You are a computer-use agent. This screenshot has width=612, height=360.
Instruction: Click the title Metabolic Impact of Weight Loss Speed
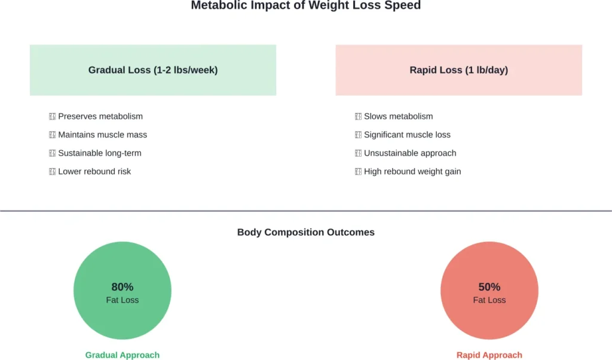pyautogui.click(x=305, y=6)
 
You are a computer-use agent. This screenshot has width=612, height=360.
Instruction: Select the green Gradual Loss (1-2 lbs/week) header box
pyautogui.click(x=153, y=70)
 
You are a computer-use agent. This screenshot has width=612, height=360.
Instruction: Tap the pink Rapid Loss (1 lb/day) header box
pyautogui.click(x=458, y=70)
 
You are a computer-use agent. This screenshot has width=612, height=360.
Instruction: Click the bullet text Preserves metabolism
pyautogui.click(x=100, y=116)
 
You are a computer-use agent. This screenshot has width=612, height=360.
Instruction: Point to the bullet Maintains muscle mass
pyautogui.click(x=102, y=135)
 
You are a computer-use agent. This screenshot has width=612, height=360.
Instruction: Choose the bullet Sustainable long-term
pyautogui.click(x=99, y=153)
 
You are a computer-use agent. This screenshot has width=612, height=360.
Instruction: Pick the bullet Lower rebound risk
pyautogui.click(x=94, y=172)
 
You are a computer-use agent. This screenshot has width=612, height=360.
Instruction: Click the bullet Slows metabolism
pyautogui.click(x=398, y=116)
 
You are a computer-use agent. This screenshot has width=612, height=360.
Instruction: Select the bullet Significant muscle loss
pyautogui.click(x=407, y=135)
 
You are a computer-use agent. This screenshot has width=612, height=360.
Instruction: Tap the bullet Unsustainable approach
pyautogui.click(x=409, y=153)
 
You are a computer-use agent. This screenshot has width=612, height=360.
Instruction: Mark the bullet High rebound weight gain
pyautogui.click(x=412, y=172)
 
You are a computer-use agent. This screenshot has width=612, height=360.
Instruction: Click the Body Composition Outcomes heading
pyautogui.click(x=305, y=232)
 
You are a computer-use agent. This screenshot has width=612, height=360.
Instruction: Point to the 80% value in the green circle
pyautogui.click(x=122, y=287)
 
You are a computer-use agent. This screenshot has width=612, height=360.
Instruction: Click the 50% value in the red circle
pyautogui.click(x=489, y=287)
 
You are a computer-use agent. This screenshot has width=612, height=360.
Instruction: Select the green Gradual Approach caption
pyautogui.click(x=122, y=355)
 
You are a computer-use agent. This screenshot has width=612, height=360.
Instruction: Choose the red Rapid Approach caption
pyautogui.click(x=489, y=355)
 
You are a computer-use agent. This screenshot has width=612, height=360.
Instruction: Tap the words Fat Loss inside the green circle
pyautogui.click(x=122, y=300)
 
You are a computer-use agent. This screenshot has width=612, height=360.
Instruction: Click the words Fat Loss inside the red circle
pyautogui.click(x=489, y=300)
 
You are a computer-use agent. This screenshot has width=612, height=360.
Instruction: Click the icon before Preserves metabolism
pyautogui.click(x=53, y=117)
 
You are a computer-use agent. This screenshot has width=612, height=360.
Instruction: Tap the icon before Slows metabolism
pyautogui.click(x=359, y=117)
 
